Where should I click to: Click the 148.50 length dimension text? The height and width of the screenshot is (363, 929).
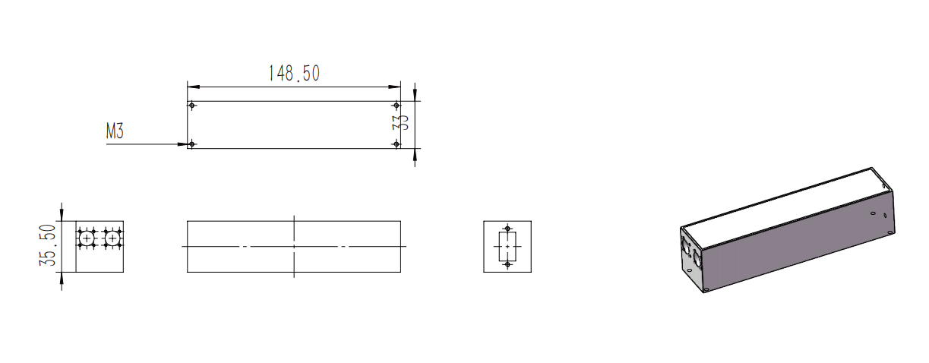[294, 74]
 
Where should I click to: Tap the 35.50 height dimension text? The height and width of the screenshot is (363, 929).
[47, 245]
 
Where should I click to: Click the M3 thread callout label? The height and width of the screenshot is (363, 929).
[115, 131]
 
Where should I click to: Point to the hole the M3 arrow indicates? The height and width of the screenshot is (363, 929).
[191, 144]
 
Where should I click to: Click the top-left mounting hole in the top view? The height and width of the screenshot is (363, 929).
[191, 106]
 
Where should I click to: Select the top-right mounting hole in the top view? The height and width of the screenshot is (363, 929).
[396, 106]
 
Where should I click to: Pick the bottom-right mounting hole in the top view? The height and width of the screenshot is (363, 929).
[396, 144]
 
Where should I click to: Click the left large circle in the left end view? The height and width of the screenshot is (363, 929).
[87, 238]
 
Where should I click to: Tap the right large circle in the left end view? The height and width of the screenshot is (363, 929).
[112, 238]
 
